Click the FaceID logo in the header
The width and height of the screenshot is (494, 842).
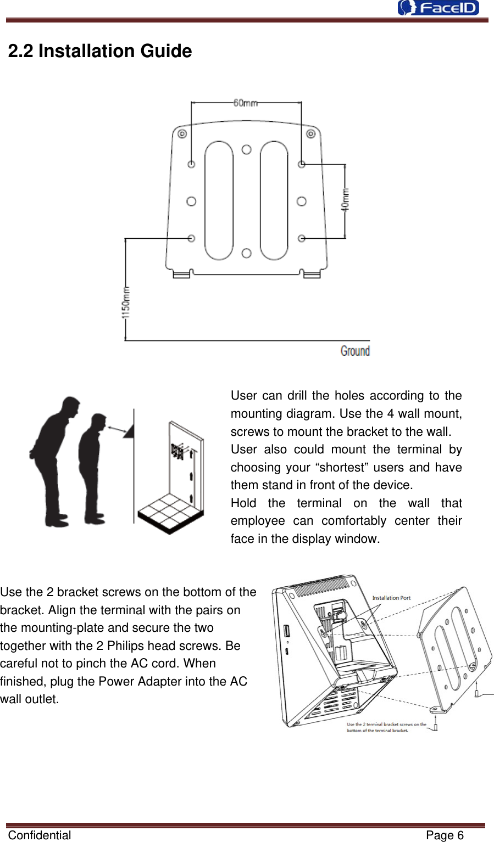point(439,8)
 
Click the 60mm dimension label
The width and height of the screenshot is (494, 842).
point(245,103)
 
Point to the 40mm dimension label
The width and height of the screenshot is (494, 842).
point(345,200)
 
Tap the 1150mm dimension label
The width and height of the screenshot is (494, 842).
point(126,302)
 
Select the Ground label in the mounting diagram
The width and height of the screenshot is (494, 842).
point(355,351)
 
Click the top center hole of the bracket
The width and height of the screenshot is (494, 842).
point(247,149)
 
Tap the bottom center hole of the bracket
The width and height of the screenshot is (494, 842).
point(247,253)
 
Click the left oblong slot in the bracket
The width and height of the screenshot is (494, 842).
point(219,200)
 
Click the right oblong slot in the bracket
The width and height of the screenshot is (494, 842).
point(274,200)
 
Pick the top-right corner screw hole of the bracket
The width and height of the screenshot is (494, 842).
point(310,134)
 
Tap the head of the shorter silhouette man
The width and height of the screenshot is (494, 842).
point(99,423)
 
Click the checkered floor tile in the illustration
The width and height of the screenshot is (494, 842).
point(170,513)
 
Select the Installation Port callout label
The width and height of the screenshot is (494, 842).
point(391,598)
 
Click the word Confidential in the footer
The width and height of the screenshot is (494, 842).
point(40,835)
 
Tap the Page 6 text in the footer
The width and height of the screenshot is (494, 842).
point(445,835)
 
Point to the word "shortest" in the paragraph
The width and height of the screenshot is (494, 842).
point(341,467)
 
